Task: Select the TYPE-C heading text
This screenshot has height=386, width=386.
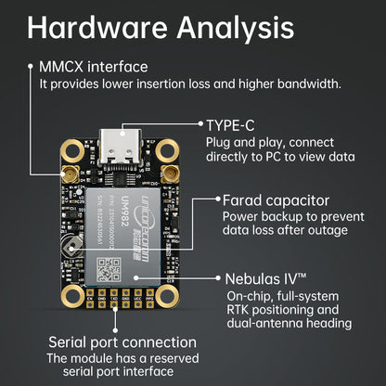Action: point(232,123)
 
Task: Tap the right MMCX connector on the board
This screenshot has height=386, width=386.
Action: point(168,174)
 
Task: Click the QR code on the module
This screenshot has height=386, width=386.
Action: point(109,269)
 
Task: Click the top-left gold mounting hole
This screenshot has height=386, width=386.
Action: point(71,149)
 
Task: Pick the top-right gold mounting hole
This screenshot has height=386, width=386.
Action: point(168,149)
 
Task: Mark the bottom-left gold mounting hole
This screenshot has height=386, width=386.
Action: point(71,295)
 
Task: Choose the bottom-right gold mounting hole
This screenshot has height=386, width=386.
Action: point(168,295)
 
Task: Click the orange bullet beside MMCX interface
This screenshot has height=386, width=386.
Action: point(31,67)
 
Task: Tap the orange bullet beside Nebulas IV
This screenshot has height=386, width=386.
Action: point(217,277)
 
